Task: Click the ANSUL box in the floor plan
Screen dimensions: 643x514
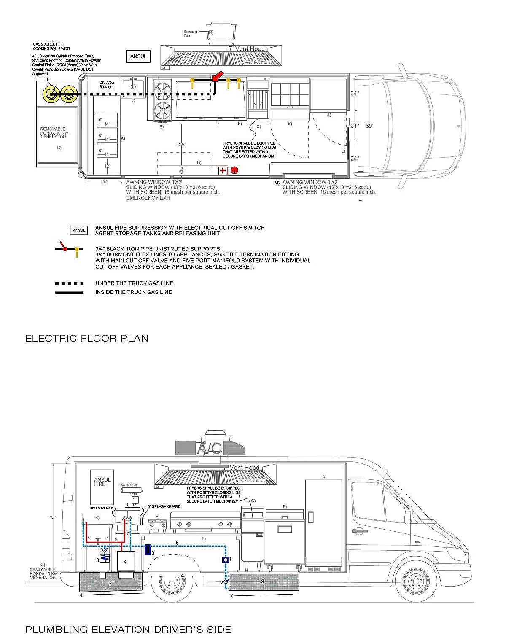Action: pos(138,56)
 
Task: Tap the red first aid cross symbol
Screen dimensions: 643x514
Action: pos(223,171)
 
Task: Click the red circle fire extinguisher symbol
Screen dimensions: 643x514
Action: pos(235,170)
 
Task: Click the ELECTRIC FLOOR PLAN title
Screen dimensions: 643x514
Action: pos(87,338)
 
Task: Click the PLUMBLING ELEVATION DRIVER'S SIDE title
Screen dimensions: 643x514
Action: pos(128,630)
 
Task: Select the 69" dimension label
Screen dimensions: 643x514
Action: pos(370,126)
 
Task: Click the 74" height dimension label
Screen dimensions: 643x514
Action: pos(52,518)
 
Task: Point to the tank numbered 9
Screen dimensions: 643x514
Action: pos(263,581)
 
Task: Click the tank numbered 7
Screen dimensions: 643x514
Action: pos(110,584)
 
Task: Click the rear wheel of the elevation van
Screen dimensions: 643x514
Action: pos(172,583)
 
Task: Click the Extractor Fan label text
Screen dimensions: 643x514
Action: pos(191,34)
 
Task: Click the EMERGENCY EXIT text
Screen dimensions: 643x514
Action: pos(149,198)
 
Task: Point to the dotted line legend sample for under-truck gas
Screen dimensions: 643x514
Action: pos(69,283)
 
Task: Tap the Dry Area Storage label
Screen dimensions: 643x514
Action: pos(106,85)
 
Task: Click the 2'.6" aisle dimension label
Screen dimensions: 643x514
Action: pos(181,144)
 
